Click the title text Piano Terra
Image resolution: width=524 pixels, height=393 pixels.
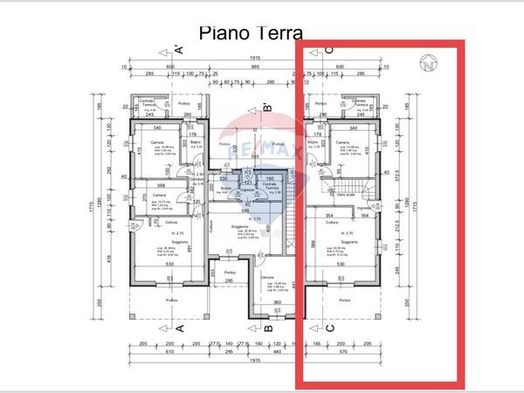(251, 33)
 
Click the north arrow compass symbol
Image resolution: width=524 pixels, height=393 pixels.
(429, 63)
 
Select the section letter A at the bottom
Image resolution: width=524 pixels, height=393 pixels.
(178, 328)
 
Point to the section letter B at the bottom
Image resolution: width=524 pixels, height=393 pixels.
(269, 328)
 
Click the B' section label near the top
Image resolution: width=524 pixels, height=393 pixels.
(269, 110)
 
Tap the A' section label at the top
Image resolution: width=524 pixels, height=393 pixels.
(178, 49)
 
